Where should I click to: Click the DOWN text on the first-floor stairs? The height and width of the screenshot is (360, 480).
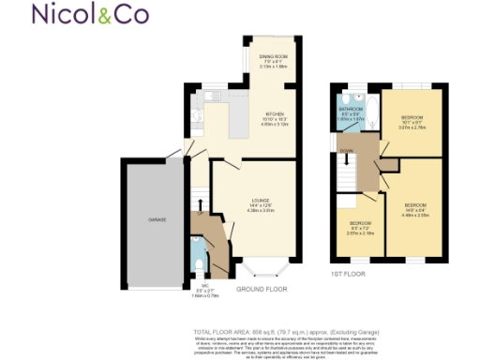(x=347, y=150)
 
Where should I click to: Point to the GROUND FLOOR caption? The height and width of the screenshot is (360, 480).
(x=261, y=290)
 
